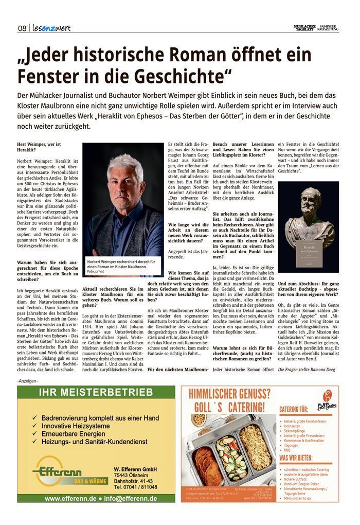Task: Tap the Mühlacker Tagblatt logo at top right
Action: pyautogui.click(x=304, y=28)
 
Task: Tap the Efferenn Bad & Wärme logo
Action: pyautogui.click(x=70, y=474)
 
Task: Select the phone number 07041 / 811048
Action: pyautogui.click(x=136, y=486)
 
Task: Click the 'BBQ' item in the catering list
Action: pyautogui.click(x=287, y=449)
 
